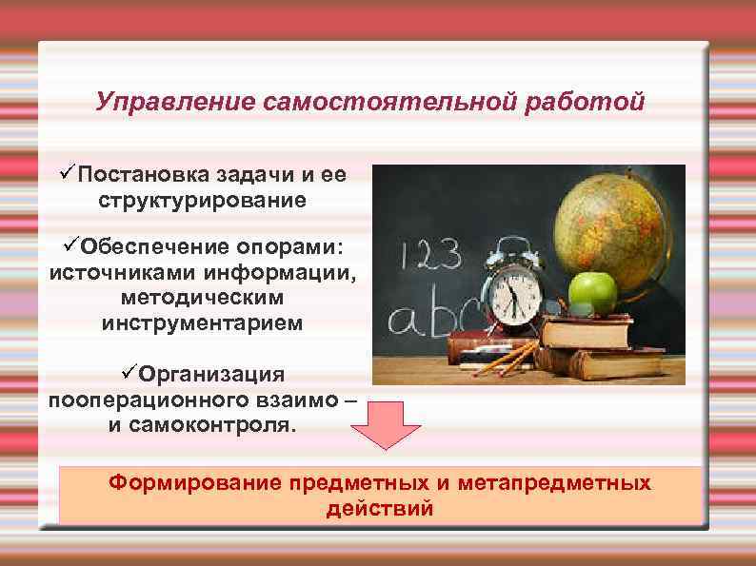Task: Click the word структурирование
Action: click(202, 201)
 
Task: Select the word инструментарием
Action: click(202, 323)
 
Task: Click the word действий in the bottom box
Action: click(379, 509)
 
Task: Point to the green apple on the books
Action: click(591, 291)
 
